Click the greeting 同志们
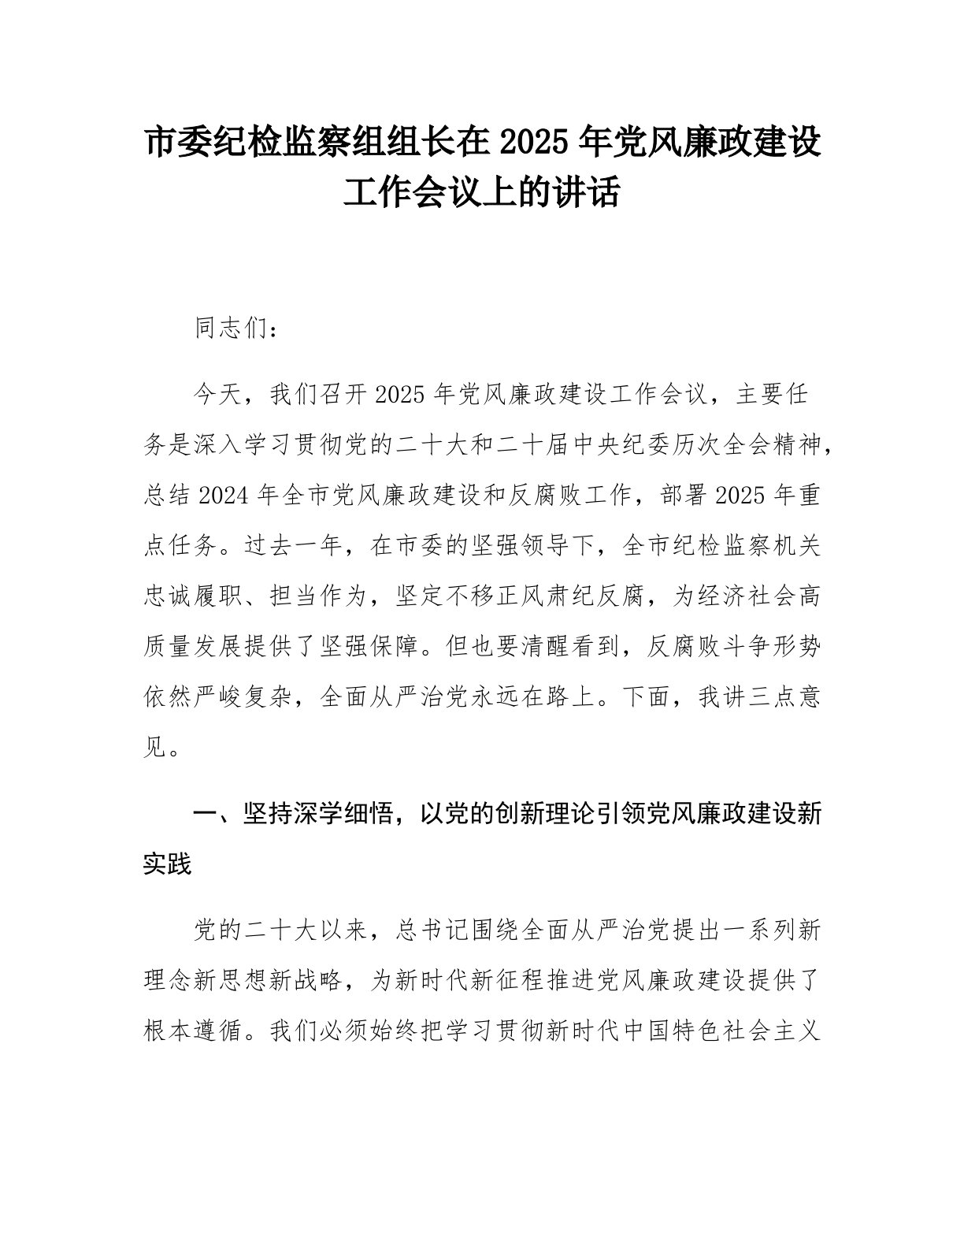tap(232, 329)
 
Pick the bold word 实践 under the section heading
tap(168, 864)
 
